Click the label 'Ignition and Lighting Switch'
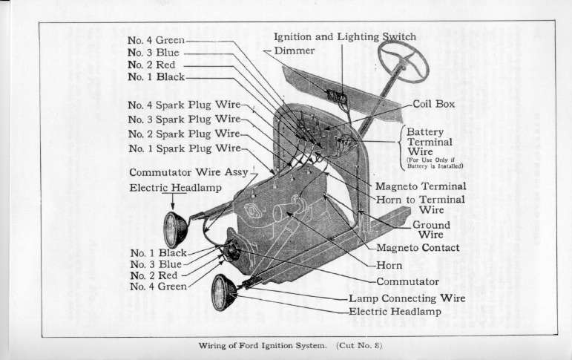pos(345,36)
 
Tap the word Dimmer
pos(295,50)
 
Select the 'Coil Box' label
pos(434,105)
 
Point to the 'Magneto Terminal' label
pos(421,186)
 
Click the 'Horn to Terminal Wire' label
pos(421,205)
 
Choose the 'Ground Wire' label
pos(431,229)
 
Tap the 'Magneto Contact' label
pos(418,248)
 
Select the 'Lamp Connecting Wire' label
pos(407,298)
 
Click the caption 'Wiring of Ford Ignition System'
pos(263,346)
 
